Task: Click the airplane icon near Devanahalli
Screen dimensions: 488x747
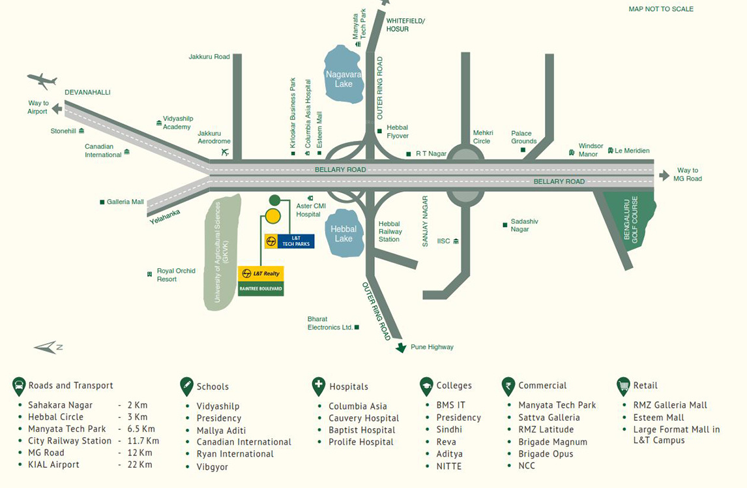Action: (42, 81)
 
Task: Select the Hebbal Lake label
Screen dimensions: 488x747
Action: (344, 234)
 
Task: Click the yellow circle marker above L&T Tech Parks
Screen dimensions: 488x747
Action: (273, 217)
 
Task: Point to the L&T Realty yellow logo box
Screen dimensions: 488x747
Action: (261, 274)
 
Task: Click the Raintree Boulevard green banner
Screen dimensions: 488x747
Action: (261, 288)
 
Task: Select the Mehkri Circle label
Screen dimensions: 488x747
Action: (482, 137)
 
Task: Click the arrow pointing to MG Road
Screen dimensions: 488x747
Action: (664, 175)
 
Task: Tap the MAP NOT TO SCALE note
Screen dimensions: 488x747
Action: (660, 9)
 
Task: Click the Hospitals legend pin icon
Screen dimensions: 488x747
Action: (318, 386)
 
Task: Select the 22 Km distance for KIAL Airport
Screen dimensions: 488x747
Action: (140, 465)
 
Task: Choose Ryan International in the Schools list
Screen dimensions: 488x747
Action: (235, 453)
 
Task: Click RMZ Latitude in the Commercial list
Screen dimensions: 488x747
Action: (546, 429)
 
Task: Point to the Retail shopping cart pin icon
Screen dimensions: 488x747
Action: (623, 386)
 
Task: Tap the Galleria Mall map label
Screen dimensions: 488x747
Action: (125, 202)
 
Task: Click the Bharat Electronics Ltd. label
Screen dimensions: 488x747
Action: (330, 323)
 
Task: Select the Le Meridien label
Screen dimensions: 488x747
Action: (632, 151)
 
